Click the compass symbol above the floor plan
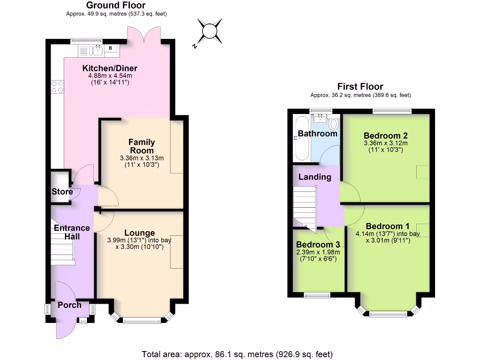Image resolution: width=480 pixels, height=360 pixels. click(x=210, y=31)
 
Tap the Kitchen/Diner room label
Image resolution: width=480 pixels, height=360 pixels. click(x=110, y=68)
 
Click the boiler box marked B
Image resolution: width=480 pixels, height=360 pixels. click(x=111, y=48)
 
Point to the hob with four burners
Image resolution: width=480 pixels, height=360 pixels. click(x=57, y=86)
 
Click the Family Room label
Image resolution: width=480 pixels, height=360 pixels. click(x=142, y=146)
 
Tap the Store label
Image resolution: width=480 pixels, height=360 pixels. click(x=62, y=192)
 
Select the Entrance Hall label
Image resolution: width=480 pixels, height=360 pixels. click(x=72, y=232)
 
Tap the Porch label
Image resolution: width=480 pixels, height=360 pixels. click(x=69, y=305)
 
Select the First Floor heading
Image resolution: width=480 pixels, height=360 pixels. click(x=360, y=86)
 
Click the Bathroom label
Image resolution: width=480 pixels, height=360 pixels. click(x=318, y=134)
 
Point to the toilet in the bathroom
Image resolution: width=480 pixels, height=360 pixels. click(x=334, y=124)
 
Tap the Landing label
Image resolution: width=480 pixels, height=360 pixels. click(x=315, y=177)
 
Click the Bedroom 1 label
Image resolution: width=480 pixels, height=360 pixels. click(x=384, y=226)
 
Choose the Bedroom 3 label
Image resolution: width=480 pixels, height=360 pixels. click(x=318, y=245)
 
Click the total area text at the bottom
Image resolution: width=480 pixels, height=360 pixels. click(x=237, y=354)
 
